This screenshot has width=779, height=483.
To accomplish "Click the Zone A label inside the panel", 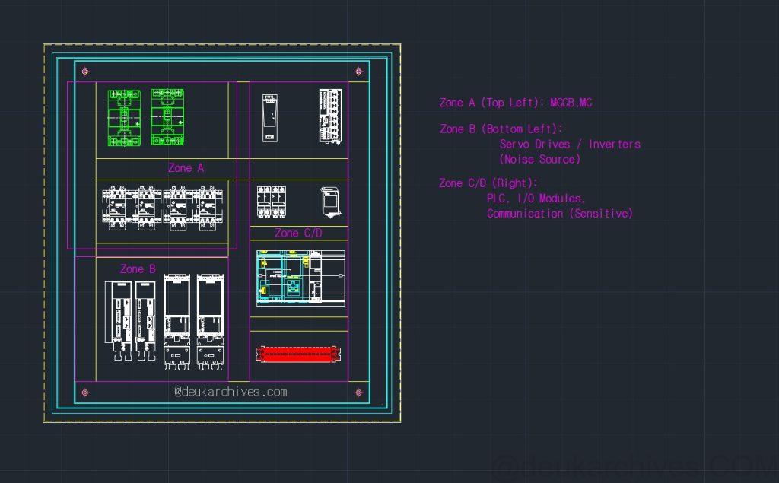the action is pos(186,168).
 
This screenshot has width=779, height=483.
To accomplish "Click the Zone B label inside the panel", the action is pos(138,269).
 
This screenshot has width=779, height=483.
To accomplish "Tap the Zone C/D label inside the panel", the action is pos(298,233).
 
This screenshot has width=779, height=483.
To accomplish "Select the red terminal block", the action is pos(298,354).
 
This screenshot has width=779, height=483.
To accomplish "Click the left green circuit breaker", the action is pos(124,118).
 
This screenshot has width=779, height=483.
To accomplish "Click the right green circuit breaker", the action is pos(167,117).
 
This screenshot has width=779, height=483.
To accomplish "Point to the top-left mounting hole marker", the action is pos(85,71).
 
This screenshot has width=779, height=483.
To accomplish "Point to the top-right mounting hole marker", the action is pos(359,71).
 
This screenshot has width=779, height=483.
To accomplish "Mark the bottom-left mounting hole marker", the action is pos(85,392).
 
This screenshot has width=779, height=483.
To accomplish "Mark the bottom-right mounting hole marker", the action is pos(359,392).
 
